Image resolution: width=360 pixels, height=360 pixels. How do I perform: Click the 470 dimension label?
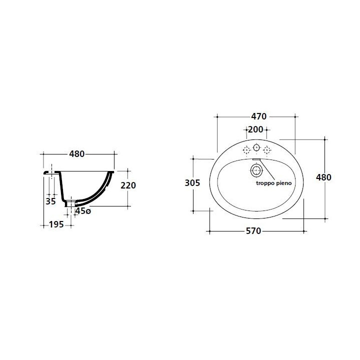coord(259,116)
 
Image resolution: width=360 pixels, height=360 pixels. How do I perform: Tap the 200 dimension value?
coord(255,129)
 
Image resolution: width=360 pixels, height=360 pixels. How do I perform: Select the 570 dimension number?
coord(253,231)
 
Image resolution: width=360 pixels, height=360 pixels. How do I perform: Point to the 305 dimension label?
coord(192,183)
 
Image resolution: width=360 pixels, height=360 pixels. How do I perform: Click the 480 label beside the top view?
coord(323,177)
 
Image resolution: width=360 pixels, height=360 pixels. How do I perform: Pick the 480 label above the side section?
coord(77,154)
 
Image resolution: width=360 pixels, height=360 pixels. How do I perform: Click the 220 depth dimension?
coord(128,185)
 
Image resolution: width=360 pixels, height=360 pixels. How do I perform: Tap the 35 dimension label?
coord(50,201)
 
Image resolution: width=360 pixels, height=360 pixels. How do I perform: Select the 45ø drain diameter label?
coord(83,211)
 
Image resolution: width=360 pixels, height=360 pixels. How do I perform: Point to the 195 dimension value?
coord(56,224)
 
